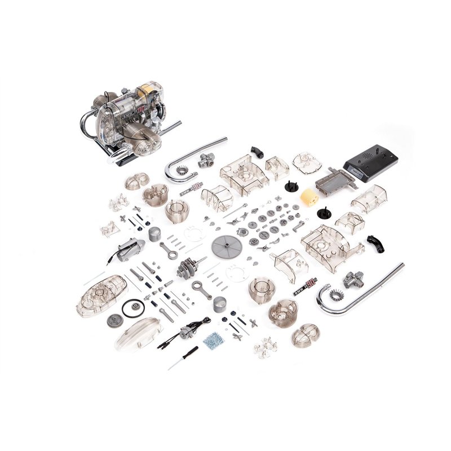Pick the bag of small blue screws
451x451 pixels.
point(213,339)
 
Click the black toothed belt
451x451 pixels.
point(133,307)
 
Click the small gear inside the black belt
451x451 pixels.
point(134,308)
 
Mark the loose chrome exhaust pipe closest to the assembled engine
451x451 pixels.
point(192,155)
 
